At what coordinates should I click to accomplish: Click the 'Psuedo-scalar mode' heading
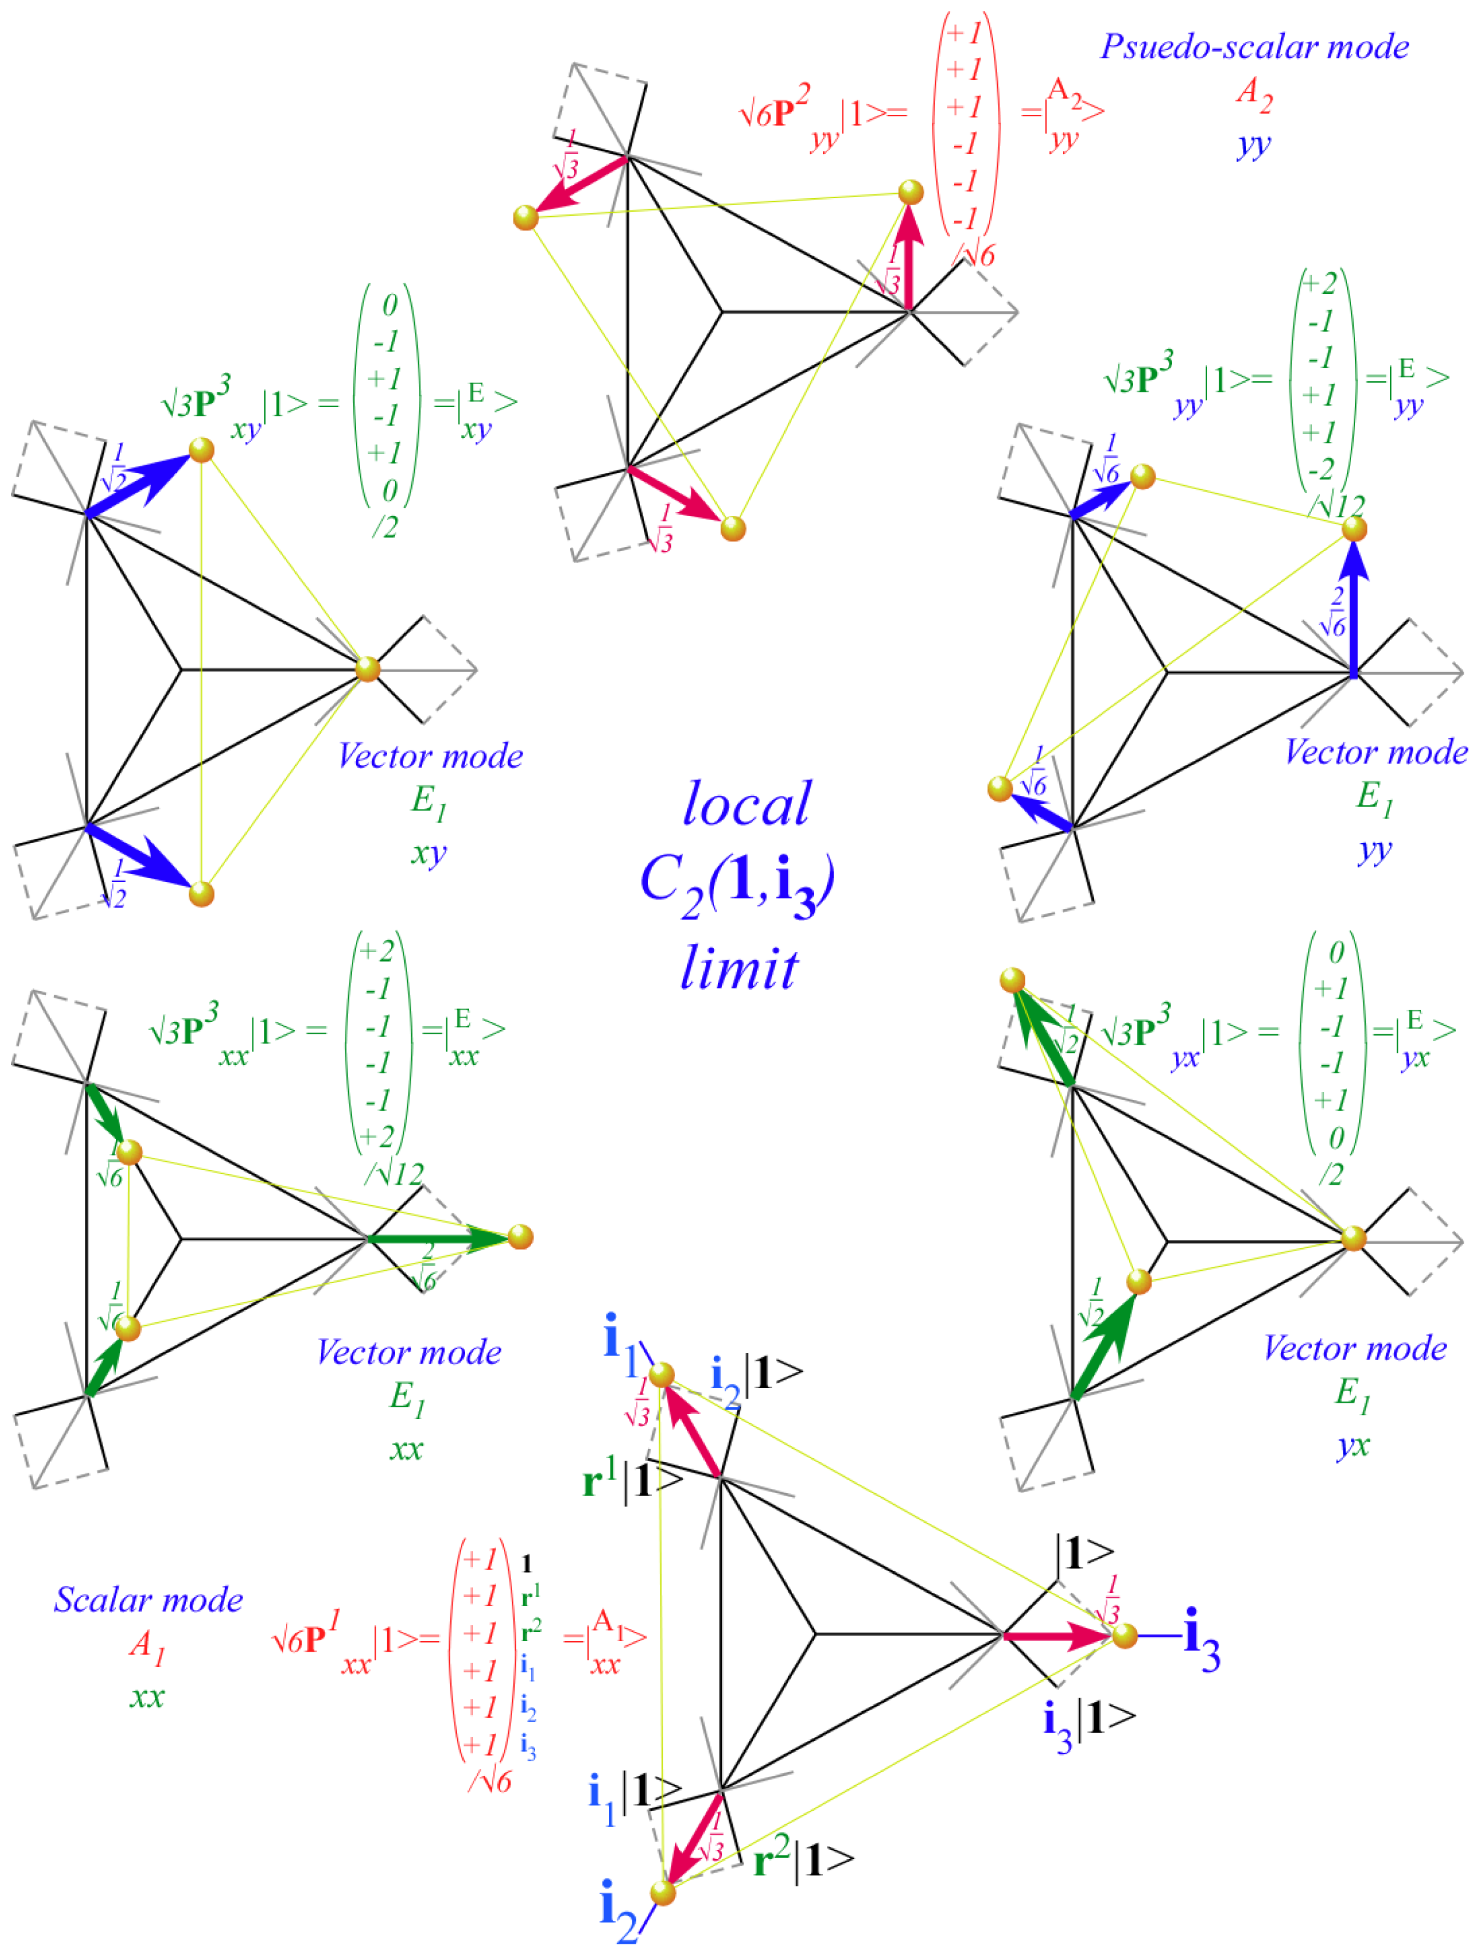(x=1254, y=47)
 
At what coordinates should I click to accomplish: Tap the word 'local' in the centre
(x=746, y=804)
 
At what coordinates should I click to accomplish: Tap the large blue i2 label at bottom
(x=617, y=1912)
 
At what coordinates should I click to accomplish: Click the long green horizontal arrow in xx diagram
(x=438, y=1238)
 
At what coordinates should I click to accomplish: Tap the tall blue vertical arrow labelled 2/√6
(x=1353, y=610)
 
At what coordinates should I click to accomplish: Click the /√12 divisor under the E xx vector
(x=394, y=1174)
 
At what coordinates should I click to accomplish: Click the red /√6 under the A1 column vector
(x=489, y=1782)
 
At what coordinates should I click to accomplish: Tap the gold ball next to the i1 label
(x=662, y=1375)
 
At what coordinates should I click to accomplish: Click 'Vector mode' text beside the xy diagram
(x=430, y=756)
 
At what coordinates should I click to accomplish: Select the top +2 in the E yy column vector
(x=1320, y=285)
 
